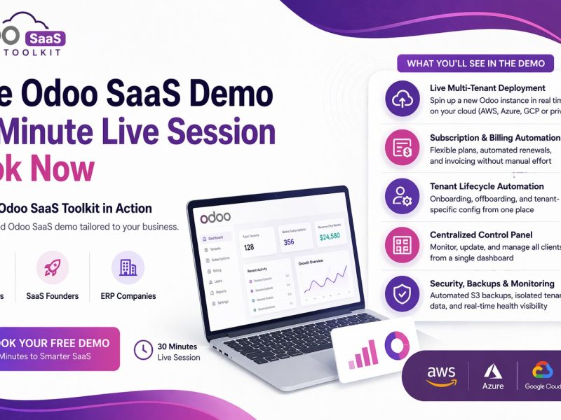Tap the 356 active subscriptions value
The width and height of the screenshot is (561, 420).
point(289,242)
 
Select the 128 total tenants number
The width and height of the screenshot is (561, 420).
point(249,247)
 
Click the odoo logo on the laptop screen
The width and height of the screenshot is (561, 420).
point(216,217)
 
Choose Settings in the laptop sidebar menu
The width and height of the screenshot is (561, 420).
point(224,302)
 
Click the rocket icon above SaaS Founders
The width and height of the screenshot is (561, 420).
point(53,268)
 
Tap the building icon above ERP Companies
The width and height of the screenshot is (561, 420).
point(128,268)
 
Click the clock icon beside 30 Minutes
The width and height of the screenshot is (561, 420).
point(144,351)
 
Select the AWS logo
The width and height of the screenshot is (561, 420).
point(440,375)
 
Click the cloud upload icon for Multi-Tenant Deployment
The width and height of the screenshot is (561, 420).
point(403,101)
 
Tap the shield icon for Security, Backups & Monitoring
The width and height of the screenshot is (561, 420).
point(403,295)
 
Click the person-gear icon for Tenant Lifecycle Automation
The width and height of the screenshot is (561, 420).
point(403,197)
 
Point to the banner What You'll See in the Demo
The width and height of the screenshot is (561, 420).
point(475,64)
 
